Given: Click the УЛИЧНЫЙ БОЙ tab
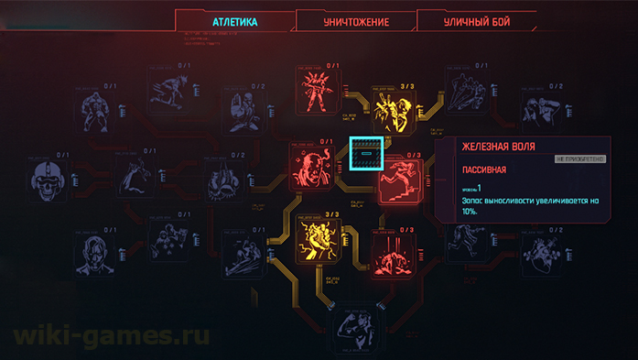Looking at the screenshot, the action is [476, 21].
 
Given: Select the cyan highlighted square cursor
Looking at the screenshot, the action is [366, 154].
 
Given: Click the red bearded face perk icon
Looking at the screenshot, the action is [312, 169].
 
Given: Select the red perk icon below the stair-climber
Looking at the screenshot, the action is [395, 256].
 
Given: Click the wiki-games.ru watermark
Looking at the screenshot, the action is [112, 335].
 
